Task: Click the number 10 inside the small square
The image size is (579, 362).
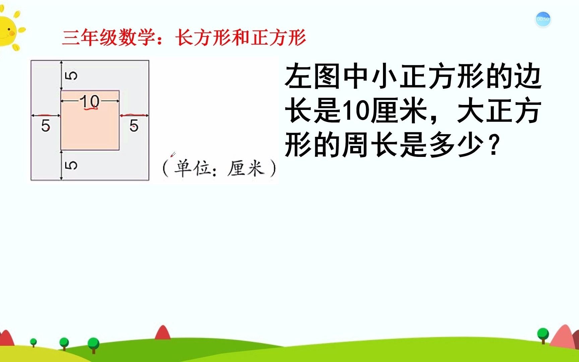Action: [x=90, y=101]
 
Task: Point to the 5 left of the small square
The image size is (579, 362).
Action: [x=46, y=126]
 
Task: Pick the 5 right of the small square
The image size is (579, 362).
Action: [x=134, y=126]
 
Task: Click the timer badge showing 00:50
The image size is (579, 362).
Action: [x=543, y=19]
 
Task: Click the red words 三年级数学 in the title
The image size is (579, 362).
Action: [x=109, y=37]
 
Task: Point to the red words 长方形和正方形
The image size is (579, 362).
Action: [x=241, y=37]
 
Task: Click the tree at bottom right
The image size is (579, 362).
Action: [x=543, y=335]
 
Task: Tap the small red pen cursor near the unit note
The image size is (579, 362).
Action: [x=173, y=155]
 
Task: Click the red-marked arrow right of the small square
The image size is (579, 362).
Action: [x=134, y=115]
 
